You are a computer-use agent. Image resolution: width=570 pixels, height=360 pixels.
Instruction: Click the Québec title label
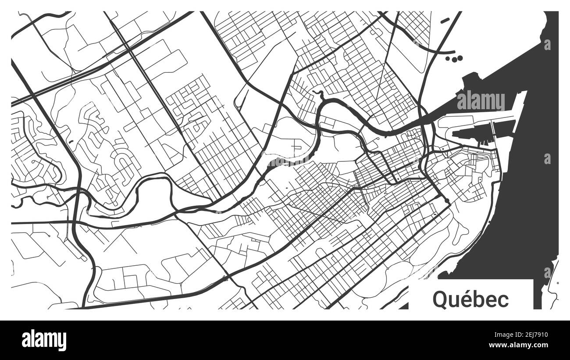point(471,299)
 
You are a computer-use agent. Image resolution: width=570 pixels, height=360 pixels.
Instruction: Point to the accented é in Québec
point(466,299)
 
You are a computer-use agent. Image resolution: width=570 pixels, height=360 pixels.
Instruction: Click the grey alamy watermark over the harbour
point(481,101)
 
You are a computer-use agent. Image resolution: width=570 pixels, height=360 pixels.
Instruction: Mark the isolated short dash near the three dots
point(445,20)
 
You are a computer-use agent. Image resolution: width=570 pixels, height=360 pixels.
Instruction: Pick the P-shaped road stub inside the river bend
point(298,146)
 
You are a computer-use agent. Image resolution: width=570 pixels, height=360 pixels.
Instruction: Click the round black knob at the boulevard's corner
point(447,201)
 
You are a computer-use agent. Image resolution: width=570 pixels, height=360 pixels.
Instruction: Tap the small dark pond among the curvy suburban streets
point(70,142)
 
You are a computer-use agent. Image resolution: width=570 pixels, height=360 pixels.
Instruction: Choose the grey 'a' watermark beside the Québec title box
point(547,272)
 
